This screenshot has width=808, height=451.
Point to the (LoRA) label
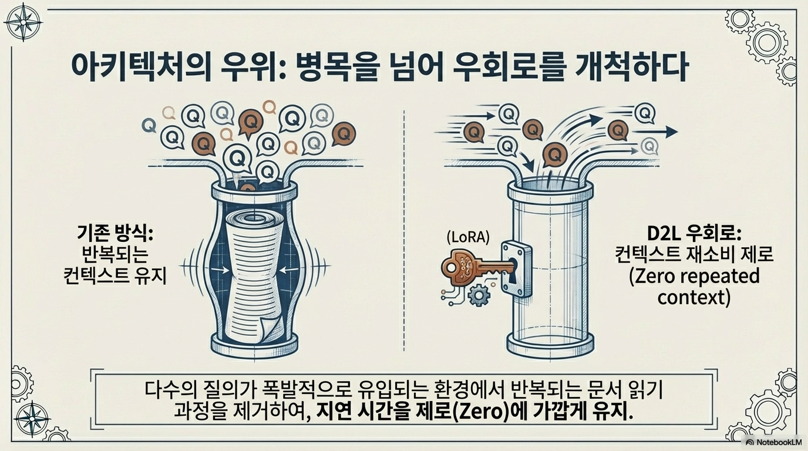467,237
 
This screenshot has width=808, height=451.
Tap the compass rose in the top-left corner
23,22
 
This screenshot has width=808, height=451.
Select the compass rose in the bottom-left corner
31,419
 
